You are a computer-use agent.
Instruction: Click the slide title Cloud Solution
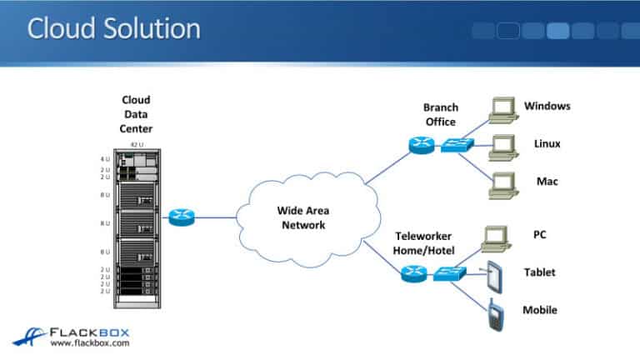tap(114, 29)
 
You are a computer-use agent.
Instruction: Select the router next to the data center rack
tap(179, 218)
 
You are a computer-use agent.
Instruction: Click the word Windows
tap(547, 106)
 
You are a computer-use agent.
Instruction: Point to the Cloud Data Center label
tap(137, 114)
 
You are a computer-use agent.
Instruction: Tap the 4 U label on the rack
tap(105, 158)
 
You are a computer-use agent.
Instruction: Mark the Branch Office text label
tap(440, 114)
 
